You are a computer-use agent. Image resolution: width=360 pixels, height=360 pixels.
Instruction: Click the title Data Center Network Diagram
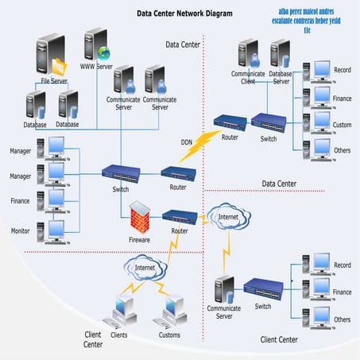click(184, 14)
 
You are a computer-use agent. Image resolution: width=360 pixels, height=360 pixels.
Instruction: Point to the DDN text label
click(186, 142)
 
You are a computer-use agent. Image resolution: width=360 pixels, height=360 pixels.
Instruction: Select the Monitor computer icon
click(56, 231)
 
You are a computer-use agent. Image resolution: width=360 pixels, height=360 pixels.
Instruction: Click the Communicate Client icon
click(247, 54)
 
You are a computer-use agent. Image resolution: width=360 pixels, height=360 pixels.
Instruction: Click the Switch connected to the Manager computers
click(121, 172)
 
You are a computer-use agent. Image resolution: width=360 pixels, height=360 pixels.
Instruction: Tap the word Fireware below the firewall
click(140, 239)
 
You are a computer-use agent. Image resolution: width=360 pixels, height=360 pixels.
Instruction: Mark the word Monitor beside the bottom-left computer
click(21, 230)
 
